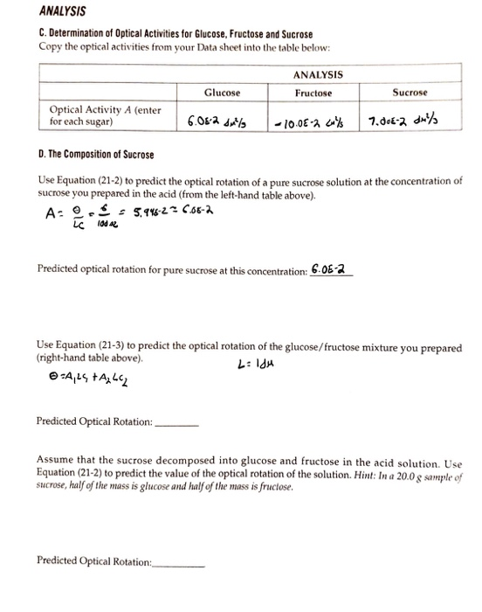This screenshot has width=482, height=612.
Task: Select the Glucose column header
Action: pyautogui.click(x=222, y=93)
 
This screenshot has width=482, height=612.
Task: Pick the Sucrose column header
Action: pyautogui.click(x=410, y=92)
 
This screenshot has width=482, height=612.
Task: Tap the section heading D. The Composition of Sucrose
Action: pyautogui.click(x=96, y=156)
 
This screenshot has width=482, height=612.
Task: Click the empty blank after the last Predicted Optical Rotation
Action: pyautogui.click(x=178, y=561)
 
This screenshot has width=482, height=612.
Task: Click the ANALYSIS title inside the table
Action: pyautogui.click(x=318, y=74)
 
